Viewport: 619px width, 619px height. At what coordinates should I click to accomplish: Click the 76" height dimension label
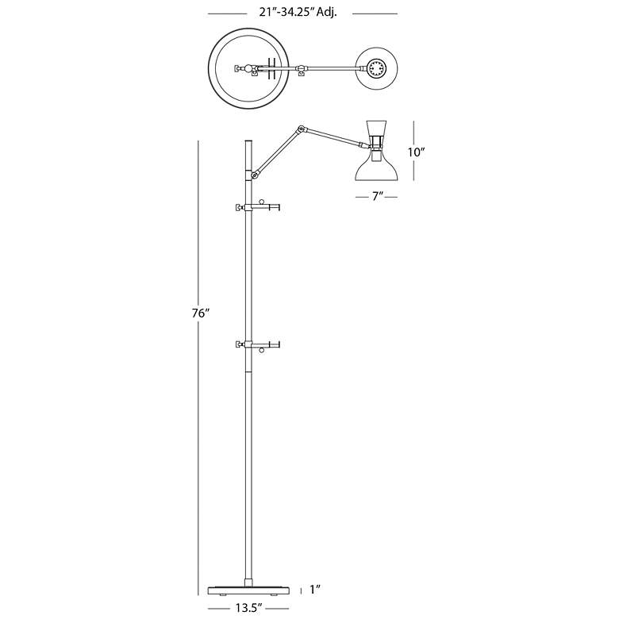(200, 313)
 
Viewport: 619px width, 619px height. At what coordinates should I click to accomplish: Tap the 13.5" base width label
(248, 608)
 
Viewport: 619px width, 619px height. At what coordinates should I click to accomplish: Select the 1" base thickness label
(314, 590)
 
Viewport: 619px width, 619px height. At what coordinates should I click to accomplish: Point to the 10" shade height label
(417, 152)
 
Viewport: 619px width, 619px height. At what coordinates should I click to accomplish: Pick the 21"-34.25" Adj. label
(298, 12)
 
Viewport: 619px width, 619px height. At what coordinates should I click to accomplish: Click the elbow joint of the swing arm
(301, 129)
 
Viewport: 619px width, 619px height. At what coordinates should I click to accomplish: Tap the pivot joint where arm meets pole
(256, 173)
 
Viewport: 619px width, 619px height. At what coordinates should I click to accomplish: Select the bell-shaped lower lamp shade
(376, 167)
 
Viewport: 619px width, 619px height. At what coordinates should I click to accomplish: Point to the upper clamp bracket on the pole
(257, 206)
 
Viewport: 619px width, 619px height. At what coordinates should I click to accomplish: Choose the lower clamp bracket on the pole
(257, 344)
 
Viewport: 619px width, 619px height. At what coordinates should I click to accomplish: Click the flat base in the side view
(248, 590)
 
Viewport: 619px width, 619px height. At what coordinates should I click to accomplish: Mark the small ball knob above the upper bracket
(261, 202)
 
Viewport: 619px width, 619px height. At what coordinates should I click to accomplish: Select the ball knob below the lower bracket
(261, 350)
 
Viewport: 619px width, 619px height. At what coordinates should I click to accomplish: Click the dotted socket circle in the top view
(376, 69)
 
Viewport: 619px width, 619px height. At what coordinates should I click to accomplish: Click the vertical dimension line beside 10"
(413, 151)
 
